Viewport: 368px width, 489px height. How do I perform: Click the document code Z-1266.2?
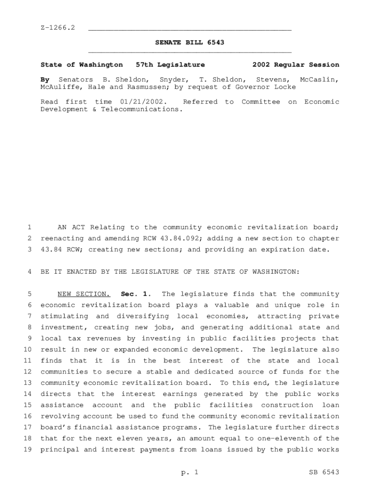coord(58,29)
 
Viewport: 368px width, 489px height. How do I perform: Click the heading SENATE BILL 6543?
coord(190,43)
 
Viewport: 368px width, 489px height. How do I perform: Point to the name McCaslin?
coord(320,79)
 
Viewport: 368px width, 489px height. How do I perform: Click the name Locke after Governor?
coord(286,87)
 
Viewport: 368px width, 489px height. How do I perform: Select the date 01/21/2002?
coord(142,102)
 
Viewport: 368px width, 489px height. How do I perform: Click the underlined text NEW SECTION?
coord(84,294)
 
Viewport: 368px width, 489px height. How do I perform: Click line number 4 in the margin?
coord(29,272)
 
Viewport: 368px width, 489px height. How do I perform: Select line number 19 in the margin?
coord(27,449)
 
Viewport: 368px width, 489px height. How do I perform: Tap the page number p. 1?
coord(190,472)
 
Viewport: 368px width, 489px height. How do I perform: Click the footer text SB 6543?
coord(324,472)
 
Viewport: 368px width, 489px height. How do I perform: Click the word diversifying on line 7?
coord(140,316)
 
